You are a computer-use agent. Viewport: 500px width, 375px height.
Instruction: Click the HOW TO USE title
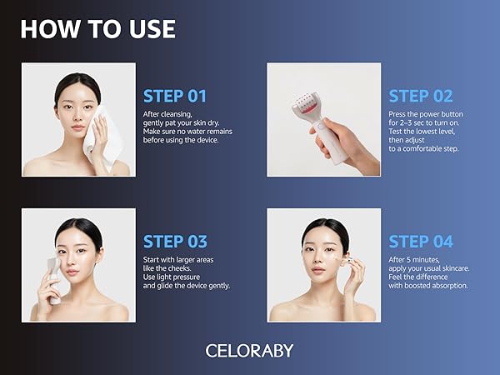[97, 28]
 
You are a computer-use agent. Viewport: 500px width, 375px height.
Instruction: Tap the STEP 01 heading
[175, 96]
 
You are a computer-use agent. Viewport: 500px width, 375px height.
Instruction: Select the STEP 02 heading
[421, 96]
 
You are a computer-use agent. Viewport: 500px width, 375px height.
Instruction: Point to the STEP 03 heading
[175, 242]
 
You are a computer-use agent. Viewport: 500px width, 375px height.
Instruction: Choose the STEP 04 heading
[421, 242]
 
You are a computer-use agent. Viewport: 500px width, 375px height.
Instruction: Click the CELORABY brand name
[249, 350]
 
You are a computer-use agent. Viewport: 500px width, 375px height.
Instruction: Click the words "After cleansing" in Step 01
[167, 113]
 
